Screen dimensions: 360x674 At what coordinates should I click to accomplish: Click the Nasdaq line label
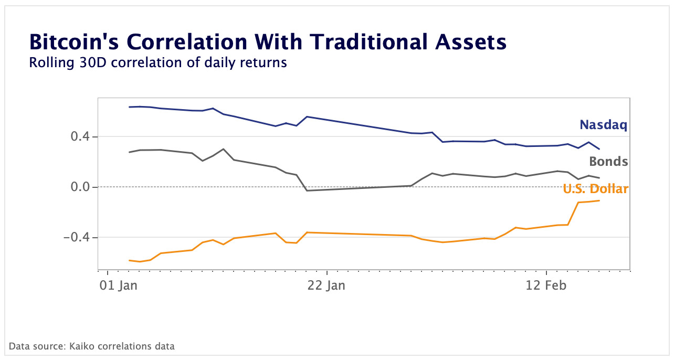click(x=603, y=125)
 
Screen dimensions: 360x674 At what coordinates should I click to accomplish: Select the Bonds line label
click(x=608, y=162)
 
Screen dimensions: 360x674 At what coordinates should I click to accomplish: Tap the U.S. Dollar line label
click(x=595, y=189)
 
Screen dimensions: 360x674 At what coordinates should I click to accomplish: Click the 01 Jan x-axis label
click(x=119, y=286)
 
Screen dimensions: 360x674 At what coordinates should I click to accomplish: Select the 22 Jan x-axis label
click(x=327, y=286)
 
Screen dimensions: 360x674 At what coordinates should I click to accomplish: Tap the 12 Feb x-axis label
click(x=546, y=286)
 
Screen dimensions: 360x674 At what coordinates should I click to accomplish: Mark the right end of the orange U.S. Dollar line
click(x=599, y=200)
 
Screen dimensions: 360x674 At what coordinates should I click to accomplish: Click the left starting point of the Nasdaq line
click(x=129, y=107)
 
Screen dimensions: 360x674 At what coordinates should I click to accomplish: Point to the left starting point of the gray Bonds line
click(x=129, y=152)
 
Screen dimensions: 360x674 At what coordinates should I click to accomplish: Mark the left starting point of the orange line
click(x=129, y=260)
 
